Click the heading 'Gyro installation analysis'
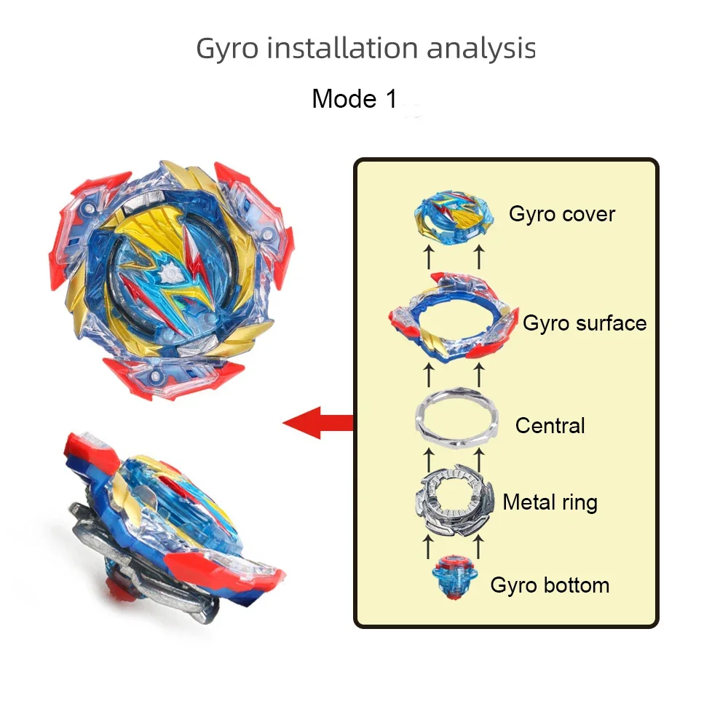click(x=365, y=49)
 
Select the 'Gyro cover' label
click(x=561, y=214)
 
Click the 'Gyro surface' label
click(x=585, y=323)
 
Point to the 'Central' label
click(x=550, y=425)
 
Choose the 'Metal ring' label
click(x=550, y=502)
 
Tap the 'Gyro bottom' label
click(x=550, y=585)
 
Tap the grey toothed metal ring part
click(x=454, y=502)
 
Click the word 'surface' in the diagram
click(x=614, y=323)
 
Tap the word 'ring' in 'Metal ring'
click(x=579, y=502)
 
